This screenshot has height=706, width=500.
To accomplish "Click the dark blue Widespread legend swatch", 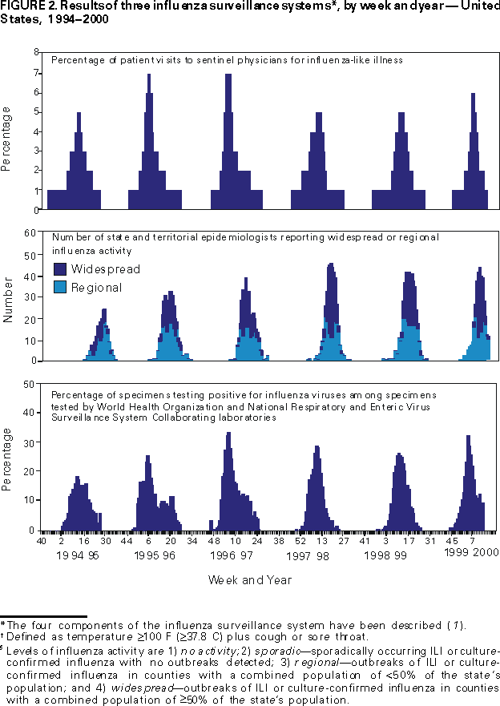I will coord(60,269).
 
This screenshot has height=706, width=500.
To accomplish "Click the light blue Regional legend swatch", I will coord(60,287).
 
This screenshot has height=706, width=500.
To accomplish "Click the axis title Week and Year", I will coord(250,579).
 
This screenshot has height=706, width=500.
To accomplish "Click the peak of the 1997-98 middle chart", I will coord(330,264).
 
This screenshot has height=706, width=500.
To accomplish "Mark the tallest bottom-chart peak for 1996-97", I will coord(228,434).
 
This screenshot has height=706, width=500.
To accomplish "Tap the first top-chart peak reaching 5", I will coord(79,114).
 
